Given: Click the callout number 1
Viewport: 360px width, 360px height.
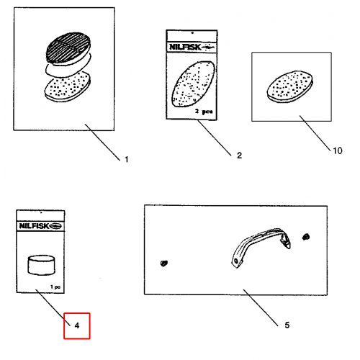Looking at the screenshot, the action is point(127,160).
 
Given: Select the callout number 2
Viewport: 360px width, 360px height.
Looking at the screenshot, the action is point(239,156).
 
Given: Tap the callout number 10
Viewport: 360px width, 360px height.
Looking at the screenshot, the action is point(338,150).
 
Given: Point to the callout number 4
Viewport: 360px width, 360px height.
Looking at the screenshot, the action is point(77,325).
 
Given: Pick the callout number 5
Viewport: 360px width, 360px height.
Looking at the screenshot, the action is point(287,325).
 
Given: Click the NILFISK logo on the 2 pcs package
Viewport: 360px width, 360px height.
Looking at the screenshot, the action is point(192,47).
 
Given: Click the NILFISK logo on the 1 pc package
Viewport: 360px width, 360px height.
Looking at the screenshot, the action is point(40,226).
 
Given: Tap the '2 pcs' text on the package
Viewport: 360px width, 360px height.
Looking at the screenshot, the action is point(204,112).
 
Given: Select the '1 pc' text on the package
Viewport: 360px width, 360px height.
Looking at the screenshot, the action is point(55,287).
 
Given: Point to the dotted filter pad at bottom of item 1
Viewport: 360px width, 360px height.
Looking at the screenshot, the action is point(68,87).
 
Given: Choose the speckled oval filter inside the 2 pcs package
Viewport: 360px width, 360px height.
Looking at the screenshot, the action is point(194,84).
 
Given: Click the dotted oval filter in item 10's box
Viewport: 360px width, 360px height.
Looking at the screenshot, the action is point(290,87).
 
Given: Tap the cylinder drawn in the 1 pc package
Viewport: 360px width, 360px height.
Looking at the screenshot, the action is point(41,265).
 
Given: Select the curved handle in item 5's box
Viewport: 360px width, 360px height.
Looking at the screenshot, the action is point(261,247).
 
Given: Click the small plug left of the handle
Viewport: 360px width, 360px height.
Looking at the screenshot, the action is point(164,264).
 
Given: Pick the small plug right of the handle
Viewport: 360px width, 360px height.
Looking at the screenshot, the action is point(306,237).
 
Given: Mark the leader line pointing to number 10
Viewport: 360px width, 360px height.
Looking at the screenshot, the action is point(315,133).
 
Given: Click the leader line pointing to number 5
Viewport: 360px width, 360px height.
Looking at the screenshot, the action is point(261,307).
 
